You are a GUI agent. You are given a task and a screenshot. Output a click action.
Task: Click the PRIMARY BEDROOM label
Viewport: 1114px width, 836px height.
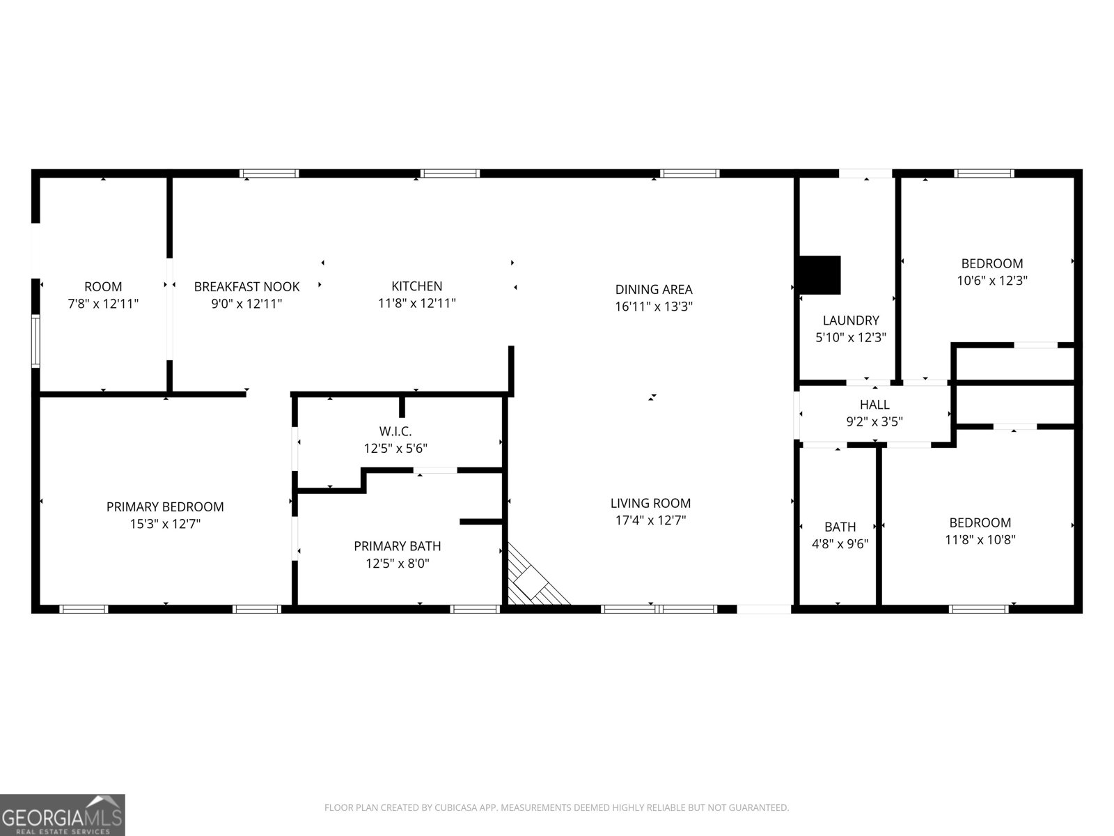(165, 506)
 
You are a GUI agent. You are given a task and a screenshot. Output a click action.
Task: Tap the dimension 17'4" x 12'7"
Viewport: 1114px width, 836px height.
(650, 520)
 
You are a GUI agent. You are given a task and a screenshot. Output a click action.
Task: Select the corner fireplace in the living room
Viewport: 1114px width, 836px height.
(533, 580)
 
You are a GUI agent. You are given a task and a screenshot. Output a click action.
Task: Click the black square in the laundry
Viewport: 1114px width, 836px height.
(820, 274)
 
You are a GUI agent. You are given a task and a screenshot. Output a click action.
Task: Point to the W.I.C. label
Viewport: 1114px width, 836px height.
(395, 431)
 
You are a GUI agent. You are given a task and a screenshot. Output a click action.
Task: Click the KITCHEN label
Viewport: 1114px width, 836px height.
(416, 286)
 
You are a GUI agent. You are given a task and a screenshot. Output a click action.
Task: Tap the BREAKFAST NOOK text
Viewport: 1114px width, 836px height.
(246, 286)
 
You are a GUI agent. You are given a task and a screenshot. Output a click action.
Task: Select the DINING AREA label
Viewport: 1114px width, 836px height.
(653, 289)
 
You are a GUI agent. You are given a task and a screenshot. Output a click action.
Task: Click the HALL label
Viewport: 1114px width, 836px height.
(874, 404)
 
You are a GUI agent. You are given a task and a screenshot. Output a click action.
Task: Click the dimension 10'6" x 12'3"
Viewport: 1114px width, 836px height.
(992, 280)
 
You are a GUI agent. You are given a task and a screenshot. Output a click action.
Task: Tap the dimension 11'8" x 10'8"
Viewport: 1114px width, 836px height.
(980, 539)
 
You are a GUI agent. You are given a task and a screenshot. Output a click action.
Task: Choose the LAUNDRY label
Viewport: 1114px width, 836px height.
(851, 320)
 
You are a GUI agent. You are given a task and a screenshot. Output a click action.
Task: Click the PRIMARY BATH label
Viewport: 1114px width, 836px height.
(397, 546)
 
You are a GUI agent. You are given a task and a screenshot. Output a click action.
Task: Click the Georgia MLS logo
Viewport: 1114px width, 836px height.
(62, 815)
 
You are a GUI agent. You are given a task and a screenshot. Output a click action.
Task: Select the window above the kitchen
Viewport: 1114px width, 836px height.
(450, 173)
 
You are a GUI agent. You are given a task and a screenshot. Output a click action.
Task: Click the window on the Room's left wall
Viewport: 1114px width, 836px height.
(35, 340)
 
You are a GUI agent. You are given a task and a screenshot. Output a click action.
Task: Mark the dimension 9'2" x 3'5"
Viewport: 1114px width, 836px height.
(874, 421)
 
